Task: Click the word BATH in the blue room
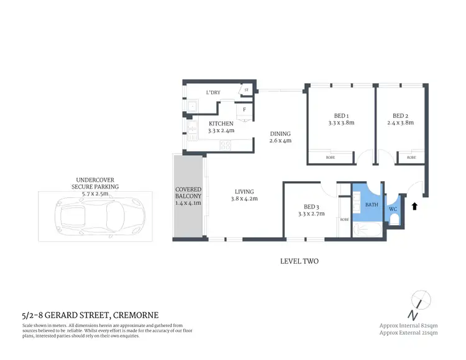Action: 371,204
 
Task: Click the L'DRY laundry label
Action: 213,93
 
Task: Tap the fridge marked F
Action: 244,110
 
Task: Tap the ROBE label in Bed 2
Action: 411,158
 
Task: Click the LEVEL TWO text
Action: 299,261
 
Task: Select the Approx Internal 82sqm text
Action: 408,325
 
